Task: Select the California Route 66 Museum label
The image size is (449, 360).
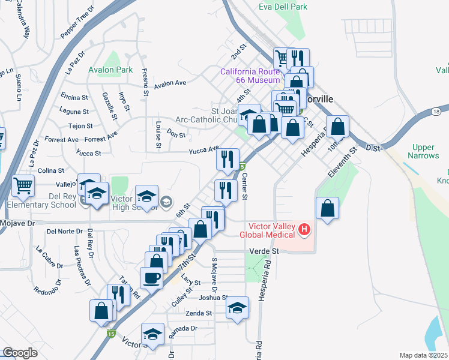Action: (250, 76)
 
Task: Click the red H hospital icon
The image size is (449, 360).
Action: (305, 229)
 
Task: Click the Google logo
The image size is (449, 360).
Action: (20, 352)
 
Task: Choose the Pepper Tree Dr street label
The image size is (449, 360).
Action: (78, 23)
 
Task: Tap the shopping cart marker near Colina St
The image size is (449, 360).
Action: (23, 185)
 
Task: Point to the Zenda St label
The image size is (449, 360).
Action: (199, 313)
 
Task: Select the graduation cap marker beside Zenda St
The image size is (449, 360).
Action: (238, 308)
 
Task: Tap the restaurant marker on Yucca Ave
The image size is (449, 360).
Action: (228, 159)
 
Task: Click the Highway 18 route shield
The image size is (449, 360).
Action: (436, 112)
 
